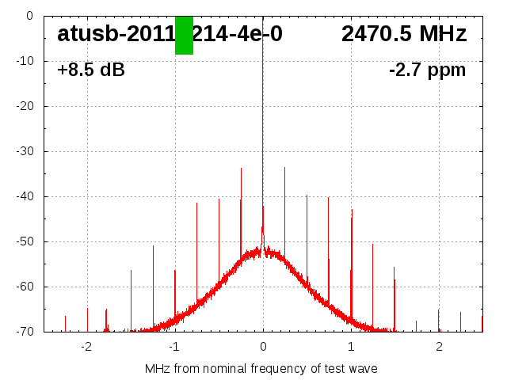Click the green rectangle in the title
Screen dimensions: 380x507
coord(184,35)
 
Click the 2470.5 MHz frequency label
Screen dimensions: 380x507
coord(404,34)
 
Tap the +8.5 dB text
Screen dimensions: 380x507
coord(91,70)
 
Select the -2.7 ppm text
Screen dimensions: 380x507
coord(427,70)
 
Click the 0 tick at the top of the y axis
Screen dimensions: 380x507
coord(29,16)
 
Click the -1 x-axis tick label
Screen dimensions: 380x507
coord(173,347)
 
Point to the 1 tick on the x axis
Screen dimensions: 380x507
coord(351,347)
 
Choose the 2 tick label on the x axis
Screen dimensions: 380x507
coord(439,347)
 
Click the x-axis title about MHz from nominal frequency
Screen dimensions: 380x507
coord(261,369)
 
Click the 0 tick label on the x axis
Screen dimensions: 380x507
coord(263,347)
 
